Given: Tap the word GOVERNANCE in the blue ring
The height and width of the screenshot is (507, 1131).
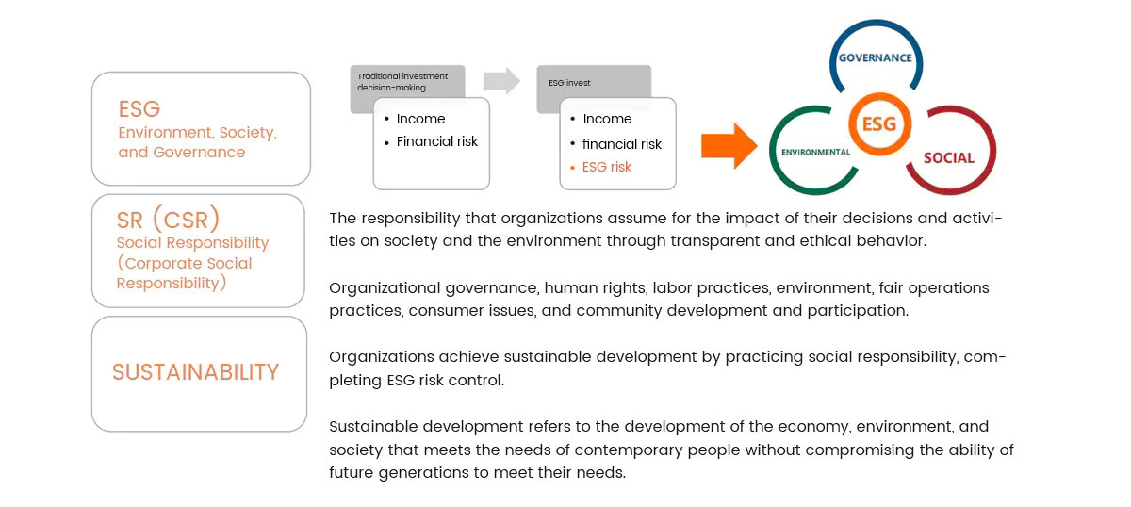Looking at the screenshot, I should (x=876, y=57).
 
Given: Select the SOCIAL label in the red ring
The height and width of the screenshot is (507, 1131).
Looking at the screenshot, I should (x=948, y=157).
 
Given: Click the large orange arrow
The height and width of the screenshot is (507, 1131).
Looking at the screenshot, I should (x=729, y=146).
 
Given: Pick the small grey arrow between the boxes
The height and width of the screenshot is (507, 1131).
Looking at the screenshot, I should (x=501, y=81).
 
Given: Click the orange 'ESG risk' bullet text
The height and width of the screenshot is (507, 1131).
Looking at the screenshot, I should (x=607, y=167).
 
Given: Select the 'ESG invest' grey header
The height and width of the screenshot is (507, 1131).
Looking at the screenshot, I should (x=569, y=82).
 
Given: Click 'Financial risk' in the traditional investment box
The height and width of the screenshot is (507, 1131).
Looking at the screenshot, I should (x=437, y=141).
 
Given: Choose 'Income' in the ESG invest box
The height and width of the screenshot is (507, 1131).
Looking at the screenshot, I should (x=607, y=119).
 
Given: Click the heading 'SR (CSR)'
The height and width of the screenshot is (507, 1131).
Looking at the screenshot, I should (x=169, y=220).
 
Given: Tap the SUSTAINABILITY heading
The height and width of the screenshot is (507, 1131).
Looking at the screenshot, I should (x=196, y=372).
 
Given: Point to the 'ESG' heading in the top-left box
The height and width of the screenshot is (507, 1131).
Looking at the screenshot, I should (x=139, y=108).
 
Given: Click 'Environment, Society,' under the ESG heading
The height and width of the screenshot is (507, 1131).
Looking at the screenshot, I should (x=197, y=133).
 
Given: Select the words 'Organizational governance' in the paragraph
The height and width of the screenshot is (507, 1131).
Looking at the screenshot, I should (x=423, y=287).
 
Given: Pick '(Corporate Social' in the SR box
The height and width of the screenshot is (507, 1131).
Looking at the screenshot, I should (x=185, y=263).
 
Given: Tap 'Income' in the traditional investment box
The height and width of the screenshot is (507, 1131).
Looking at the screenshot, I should (x=420, y=119).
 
